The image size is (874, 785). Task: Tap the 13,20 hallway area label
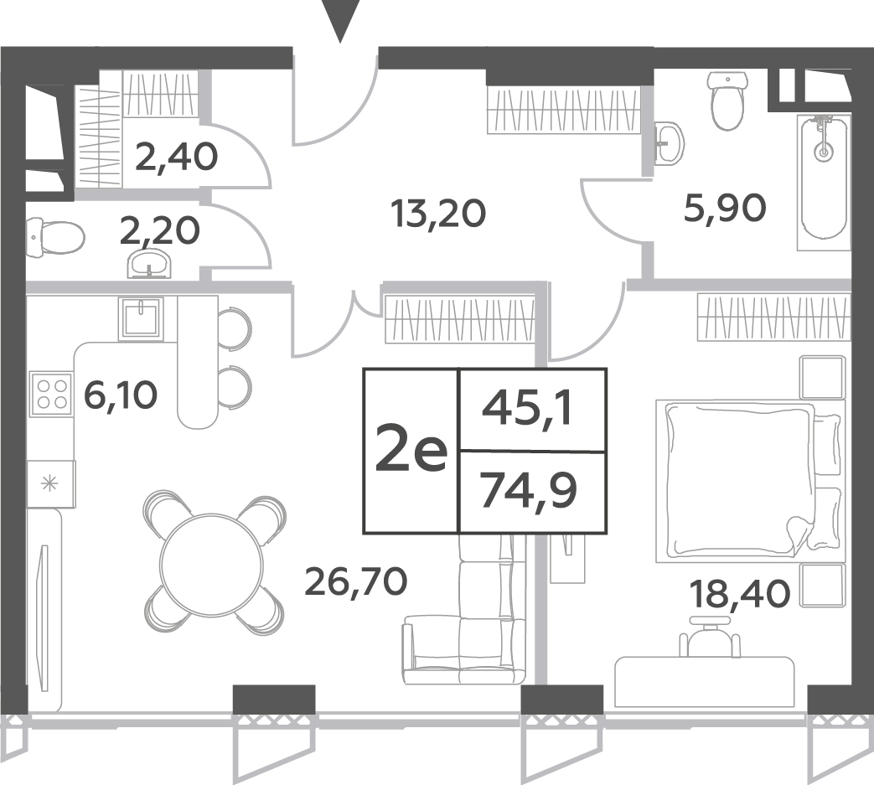click(x=438, y=214)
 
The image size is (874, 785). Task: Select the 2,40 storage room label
click(x=176, y=157)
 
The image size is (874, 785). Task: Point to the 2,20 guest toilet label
click(x=160, y=230)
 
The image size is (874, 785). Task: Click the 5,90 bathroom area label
click(x=725, y=209)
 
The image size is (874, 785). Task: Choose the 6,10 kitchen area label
click(x=121, y=395)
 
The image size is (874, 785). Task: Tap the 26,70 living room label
click(x=356, y=581)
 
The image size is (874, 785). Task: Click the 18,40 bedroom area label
click(x=740, y=593)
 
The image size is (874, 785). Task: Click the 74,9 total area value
click(x=529, y=490)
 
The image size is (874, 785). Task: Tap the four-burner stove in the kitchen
click(x=52, y=394)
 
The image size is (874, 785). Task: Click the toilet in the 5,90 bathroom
click(x=727, y=101)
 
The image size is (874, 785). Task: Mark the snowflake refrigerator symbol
click(x=50, y=483)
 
